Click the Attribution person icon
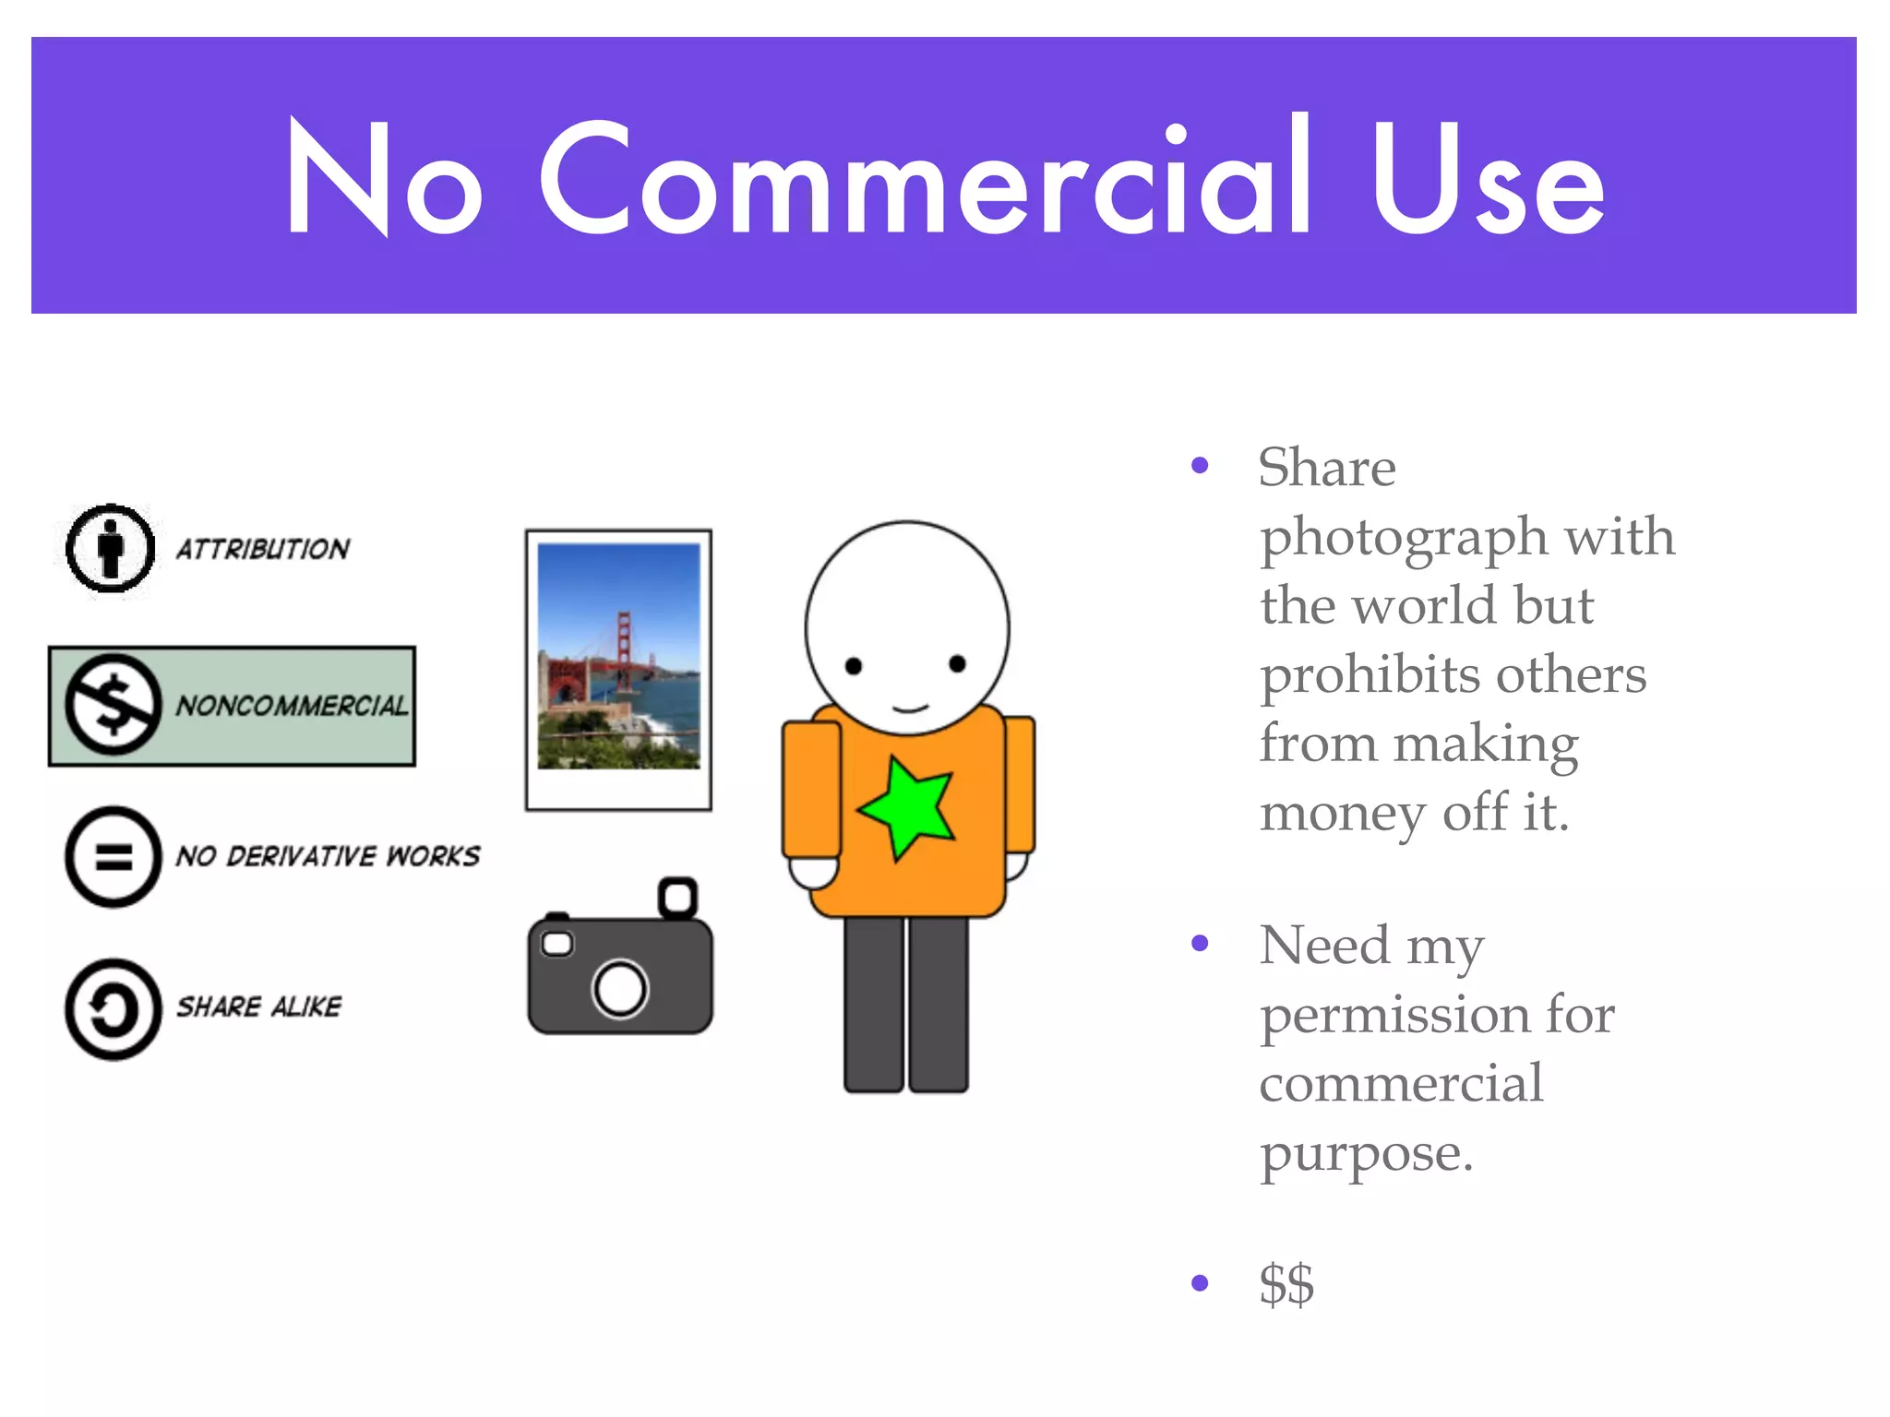click(x=111, y=548)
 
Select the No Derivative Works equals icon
click(x=114, y=857)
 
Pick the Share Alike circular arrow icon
click(x=114, y=1008)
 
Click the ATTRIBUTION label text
click(x=263, y=549)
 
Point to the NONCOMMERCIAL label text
click(x=292, y=706)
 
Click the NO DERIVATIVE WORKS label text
click(x=328, y=856)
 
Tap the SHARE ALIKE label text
click(x=258, y=1006)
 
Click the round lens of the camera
click(x=620, y=988)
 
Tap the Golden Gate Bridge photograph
click(x=618, y=655)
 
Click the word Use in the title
click(x=1488, y=179)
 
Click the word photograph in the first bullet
click(x=1404, y=538)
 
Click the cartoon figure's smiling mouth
click(x=910, y=708)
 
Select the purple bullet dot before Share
click(x=1200, y=465)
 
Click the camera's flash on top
click(x=677, y=897)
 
